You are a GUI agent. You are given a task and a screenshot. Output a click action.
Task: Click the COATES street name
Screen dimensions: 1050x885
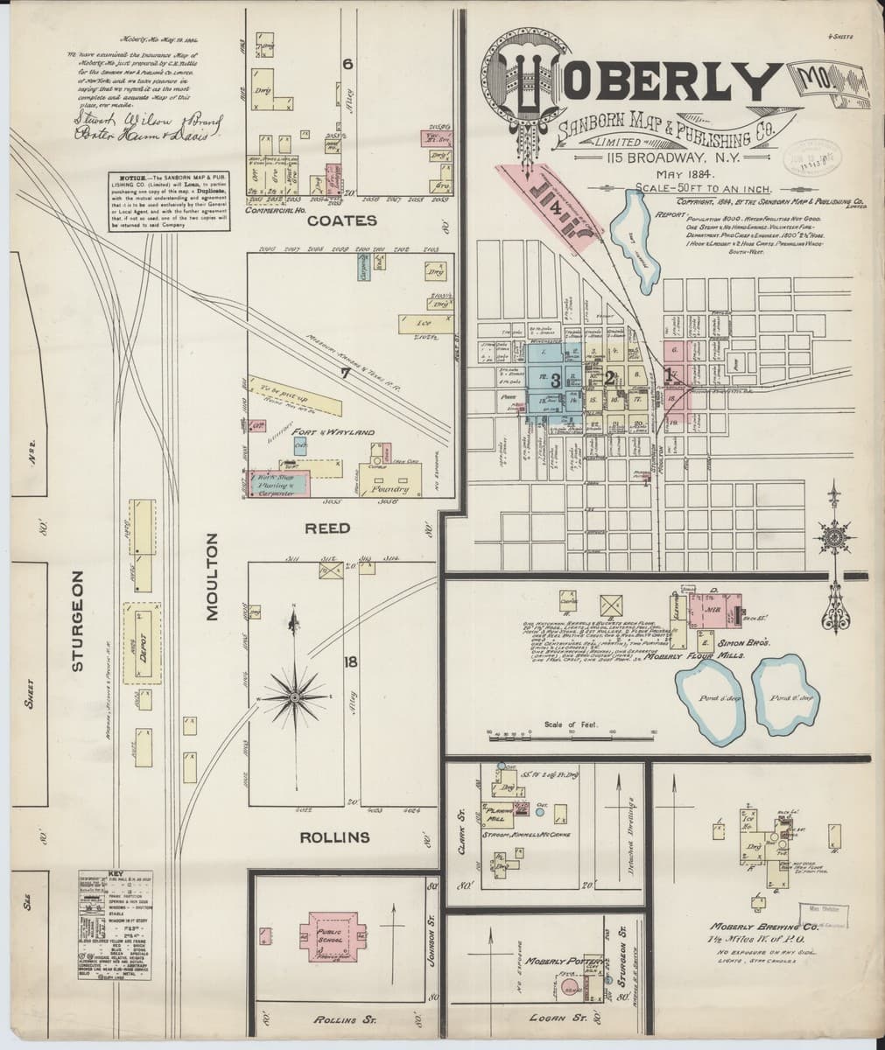click(x=341, y=221)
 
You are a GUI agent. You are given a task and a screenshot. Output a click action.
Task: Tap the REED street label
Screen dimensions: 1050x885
click(x=327, y=528)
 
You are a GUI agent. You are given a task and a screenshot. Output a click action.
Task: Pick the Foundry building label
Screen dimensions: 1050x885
click(x=390, y=489)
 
